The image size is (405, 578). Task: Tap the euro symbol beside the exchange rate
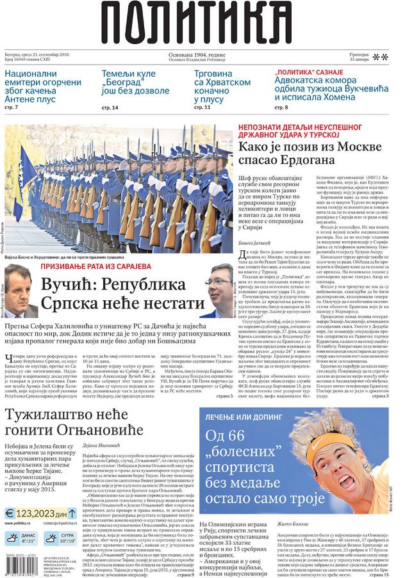click(10, 513)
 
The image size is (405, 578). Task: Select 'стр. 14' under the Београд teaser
click(110, 108)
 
